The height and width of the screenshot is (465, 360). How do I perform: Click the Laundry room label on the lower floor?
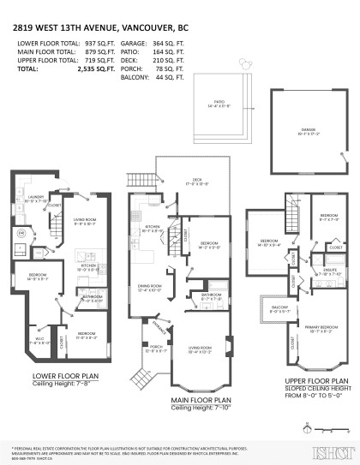click(x=34, y=196)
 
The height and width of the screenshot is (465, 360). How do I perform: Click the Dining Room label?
click(x=150, y=287)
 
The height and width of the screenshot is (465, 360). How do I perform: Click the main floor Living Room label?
click(x=201, y=348)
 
